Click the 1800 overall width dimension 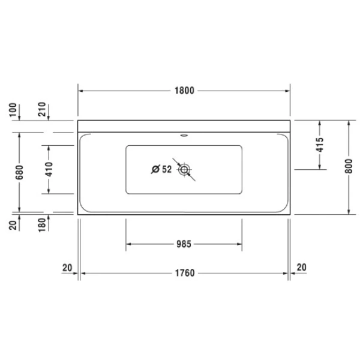185,91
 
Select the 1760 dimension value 185,273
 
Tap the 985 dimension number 184,244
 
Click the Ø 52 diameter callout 161,169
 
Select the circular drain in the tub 184,169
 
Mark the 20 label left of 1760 67,267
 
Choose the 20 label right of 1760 302,267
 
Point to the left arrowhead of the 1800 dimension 82,91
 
